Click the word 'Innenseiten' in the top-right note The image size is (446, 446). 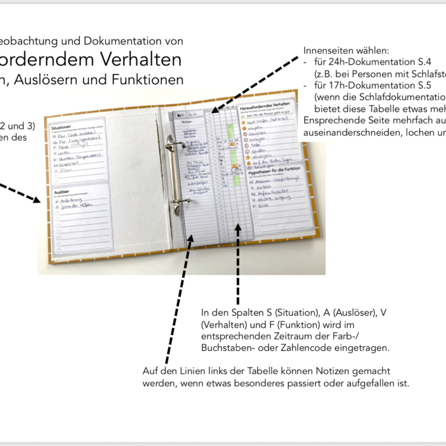(328, 50)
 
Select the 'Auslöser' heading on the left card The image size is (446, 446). (62, 190)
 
